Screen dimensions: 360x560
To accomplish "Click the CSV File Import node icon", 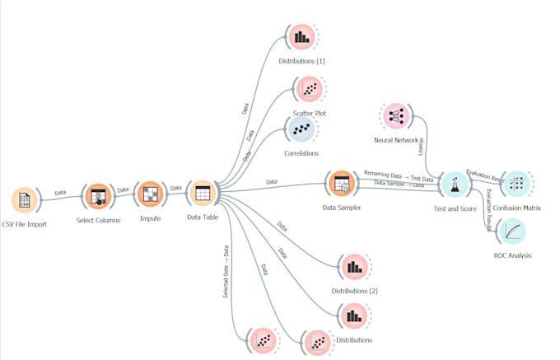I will pos(26,200).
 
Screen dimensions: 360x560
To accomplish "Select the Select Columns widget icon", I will pos(98,197).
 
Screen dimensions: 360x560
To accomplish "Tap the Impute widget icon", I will pos(150,194).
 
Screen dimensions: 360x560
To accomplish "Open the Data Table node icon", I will pos(202,194).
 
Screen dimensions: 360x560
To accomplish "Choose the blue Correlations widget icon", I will pos(301,129).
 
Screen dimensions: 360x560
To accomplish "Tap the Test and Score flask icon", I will pos(454,185).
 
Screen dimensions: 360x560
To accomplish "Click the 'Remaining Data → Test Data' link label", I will pos(399,175).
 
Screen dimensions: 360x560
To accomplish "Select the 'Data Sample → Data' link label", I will pos(399,185).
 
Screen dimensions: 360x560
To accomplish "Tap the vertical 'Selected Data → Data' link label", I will pos(226,271).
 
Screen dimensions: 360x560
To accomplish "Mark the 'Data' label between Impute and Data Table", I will pos(175,189).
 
